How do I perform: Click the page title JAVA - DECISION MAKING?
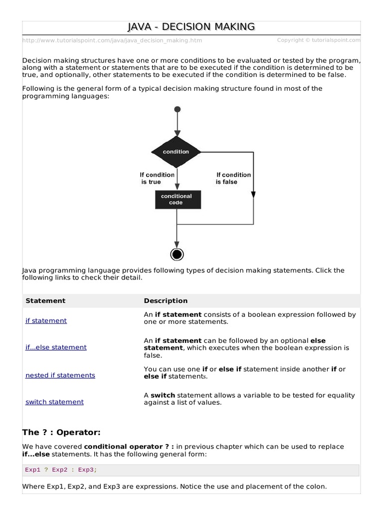click(x=191, y=27)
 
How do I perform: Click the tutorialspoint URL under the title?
click(x=112, y=40)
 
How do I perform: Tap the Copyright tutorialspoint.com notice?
click(x=319, y=40)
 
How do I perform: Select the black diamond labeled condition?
click(x=176, y=151)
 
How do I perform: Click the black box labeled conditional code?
click(x=176, y=200)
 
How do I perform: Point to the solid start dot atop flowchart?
click(x=177, y=109)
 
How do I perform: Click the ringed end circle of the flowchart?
click(x=177, y=255)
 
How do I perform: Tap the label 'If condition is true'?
click(x=157, y=178)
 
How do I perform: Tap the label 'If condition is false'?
click(x=233, y=178)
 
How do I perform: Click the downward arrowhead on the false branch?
click(x=253, y=194)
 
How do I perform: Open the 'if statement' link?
click(x=46, y=321)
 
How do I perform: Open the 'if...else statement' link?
click(x=56, y=347)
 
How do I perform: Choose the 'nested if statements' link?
click(x=60, y=375)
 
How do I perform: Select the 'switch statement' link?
click(x=54, y=402)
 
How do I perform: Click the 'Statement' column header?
click(x=45, y=301)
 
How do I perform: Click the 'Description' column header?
click(x=166, y=301)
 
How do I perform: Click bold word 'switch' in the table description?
click(x=163, y=395)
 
